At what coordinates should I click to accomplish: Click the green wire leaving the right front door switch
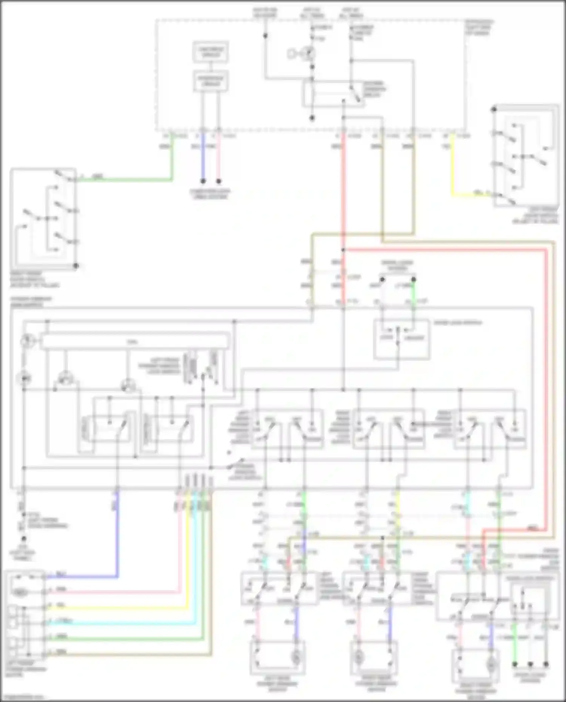point(125,180)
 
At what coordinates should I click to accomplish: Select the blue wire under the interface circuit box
point(203,158)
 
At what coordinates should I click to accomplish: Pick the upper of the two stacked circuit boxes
point(211,52)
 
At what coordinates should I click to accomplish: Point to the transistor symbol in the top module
point(309,53)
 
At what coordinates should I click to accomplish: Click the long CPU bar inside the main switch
point(135,342)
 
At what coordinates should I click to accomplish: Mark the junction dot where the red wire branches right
point(343,250)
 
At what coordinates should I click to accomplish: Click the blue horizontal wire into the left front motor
point(83,576)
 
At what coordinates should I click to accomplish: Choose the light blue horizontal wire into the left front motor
point(121,623)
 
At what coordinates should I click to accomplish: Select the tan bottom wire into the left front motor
point(128,654)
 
